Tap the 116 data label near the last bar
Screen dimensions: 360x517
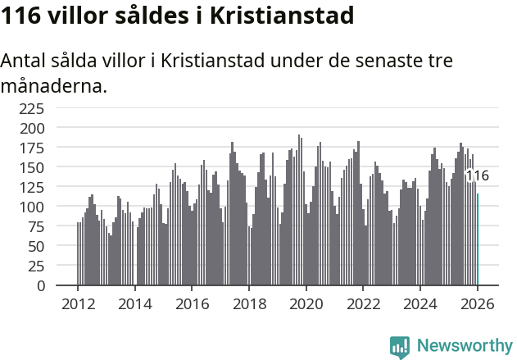point(477,175)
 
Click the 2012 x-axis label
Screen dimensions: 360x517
point(78,303)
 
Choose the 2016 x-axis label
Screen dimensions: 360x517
point(192,303)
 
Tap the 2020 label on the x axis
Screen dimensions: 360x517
point(306,303)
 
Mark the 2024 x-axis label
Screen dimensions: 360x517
point(419,303)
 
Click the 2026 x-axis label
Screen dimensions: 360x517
point(477,303)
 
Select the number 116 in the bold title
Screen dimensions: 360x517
point(20,16)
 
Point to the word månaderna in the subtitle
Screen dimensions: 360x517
point(53,84)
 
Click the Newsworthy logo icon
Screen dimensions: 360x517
point(400,347)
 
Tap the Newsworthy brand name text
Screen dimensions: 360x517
point(465,346)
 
